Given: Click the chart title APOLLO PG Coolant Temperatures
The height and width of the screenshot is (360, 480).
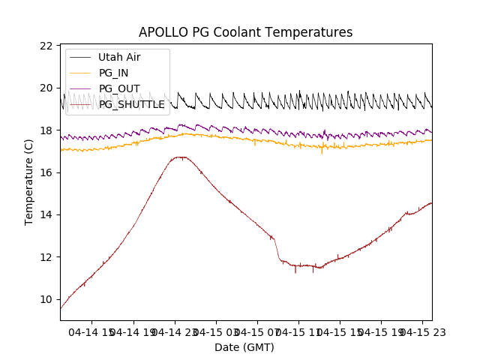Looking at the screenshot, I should [x=245, y=32].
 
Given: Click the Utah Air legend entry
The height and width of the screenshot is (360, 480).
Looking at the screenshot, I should [x=119, y=57].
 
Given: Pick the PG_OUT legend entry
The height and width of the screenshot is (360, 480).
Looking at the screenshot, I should [x=119, y=88].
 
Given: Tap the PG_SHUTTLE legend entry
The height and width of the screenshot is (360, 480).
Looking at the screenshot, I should [x=131, y=104].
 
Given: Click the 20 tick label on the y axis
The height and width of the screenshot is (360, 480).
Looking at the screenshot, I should [x=47, y=88].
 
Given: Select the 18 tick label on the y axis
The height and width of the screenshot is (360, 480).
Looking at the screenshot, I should [x=47, y=130].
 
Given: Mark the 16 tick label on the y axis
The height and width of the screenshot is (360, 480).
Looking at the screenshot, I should [x=47, y=172].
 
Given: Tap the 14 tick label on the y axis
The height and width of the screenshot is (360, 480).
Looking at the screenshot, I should [x=47, y=214].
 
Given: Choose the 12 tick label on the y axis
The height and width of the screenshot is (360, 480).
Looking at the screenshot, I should [x=47, y=257].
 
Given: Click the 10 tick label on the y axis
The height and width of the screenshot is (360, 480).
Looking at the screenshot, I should [x=47, y=299].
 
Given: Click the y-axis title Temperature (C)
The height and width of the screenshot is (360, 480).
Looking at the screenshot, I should [x=29, y=183].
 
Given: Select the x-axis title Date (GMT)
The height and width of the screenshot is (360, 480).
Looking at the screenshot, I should [x=244, y=347].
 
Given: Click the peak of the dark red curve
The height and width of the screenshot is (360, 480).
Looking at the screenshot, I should [x=180, y=157].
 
